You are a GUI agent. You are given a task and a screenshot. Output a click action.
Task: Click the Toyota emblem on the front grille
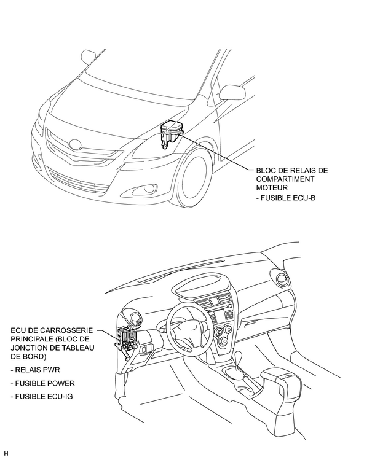[x=75, y=146]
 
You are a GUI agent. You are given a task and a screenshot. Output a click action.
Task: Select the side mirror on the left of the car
[x=87, y=57]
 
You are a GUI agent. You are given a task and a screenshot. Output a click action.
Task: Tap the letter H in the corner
[x=6, y=454]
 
